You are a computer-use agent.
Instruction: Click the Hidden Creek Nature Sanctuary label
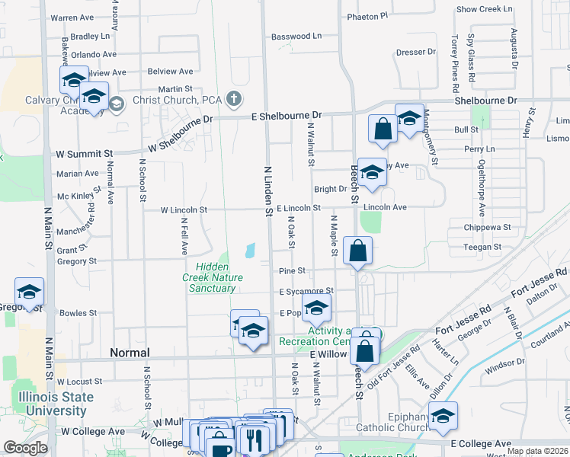point(219,277)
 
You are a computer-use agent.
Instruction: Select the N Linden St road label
point(268,193)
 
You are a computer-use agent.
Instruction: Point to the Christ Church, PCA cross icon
point(234,98)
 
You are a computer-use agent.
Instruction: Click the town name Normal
point(130,353)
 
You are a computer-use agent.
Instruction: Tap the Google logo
point(24,448)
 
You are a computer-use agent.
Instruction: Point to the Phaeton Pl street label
point(367,15)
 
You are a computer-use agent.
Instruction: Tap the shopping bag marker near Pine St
point(357,251)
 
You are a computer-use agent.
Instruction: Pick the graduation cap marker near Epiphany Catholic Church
point(443,416)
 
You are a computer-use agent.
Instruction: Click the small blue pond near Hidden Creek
point(250,250)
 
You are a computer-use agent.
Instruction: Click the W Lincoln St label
point(184,209)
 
